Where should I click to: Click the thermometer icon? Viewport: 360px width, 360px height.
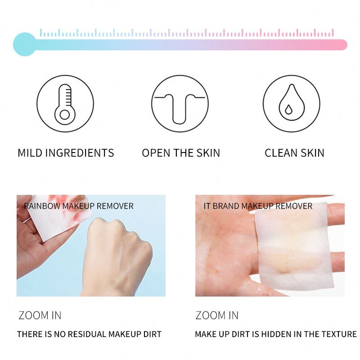tap(66, 103)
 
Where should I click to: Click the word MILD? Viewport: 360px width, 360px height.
tap(31, 153)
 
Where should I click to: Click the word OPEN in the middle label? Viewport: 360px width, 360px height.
tap(156, 153)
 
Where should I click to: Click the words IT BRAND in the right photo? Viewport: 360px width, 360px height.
tap(221, 206)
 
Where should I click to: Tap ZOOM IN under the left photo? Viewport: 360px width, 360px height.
tap(40, 315)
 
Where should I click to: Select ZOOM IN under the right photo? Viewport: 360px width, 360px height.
tap(217, 315)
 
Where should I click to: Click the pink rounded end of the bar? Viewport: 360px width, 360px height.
tap(343, 45)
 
